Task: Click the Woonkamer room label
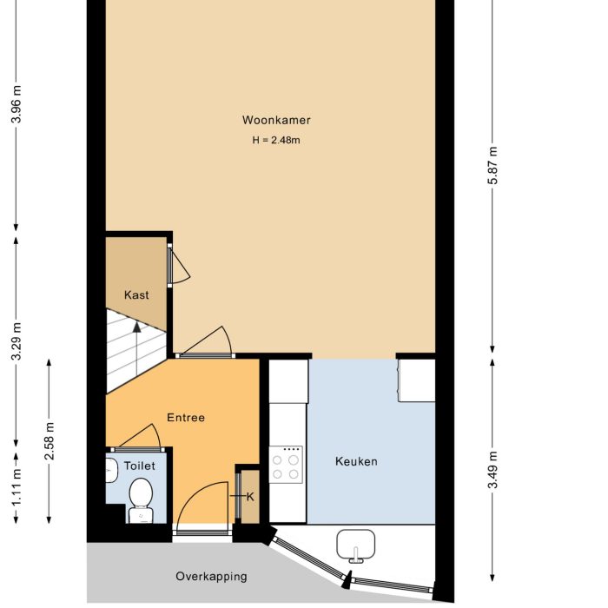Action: (x=276, y=121)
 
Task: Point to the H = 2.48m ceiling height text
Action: (x=276, y=140)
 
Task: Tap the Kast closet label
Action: (x=136, y=295)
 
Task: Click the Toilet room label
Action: (x=140, y=466)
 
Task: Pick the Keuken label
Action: (x=356, y=462)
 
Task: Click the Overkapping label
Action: (x=211, y=576)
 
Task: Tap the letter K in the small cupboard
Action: (x=250, y=497)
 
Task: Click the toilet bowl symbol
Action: (x=140, y=498)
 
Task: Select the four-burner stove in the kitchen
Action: (x=286, y=465)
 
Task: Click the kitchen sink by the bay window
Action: (x=356, y=545)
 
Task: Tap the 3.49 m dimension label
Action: (x=493, y=470)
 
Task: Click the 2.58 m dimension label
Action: (x=50, y=441)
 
